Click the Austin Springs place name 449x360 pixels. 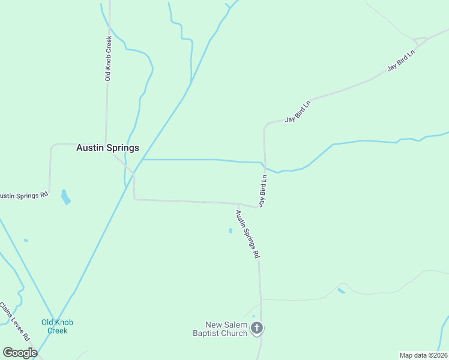[x=107, y=148]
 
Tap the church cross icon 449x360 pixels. [x=257, y=328]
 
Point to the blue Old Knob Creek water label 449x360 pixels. [x=58, y=326]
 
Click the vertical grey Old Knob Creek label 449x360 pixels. [x=109, y=59]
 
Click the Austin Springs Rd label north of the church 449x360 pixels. [x=247, y=233]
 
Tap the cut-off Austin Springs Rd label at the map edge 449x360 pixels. [x=23, y=196]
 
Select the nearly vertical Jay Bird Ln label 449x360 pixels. [x=263, y=191]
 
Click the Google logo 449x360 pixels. [x=20, y=353]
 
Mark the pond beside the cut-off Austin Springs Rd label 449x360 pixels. [x=65, y=197]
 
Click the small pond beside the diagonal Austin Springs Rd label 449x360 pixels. [x=231, y=230]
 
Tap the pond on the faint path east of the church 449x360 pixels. [x=341, y=291]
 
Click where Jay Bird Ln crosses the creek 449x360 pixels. [x=265, y=168]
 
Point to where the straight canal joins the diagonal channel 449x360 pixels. [x=142, y=160]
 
